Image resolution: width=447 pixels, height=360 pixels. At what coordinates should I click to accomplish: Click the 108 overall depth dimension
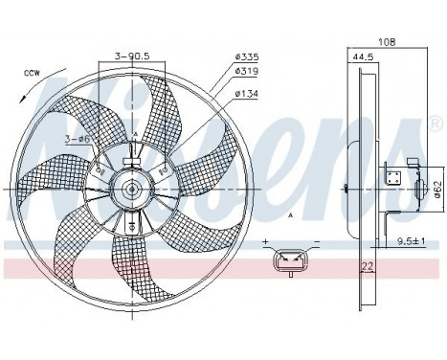(386, 42)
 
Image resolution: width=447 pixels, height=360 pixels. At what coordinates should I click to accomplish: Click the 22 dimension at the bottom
(367, 265)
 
